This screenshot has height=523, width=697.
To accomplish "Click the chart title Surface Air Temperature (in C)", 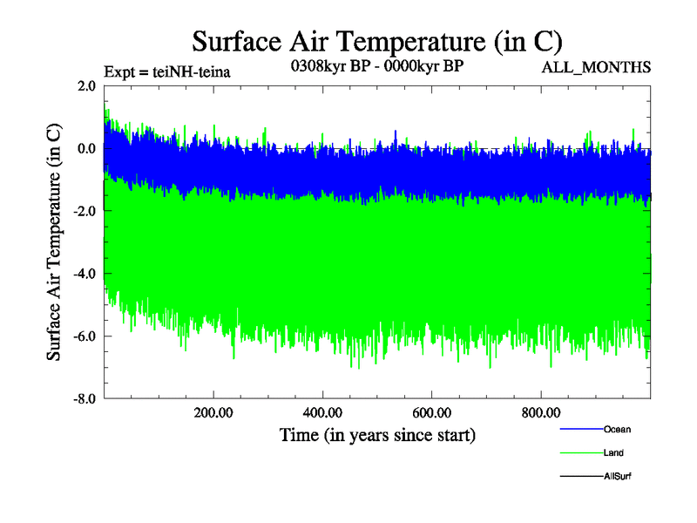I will [x=377, y=41].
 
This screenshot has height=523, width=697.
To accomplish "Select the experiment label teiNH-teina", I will [x=166, y=72].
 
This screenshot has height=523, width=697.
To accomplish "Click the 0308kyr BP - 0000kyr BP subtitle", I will [x=376, y=66].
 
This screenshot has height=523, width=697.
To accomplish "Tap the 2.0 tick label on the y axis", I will [x=86, y=85].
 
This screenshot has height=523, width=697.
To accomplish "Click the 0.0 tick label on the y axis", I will [x=86, y=148].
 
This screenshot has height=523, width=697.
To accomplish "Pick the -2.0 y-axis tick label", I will [x=84, y=211].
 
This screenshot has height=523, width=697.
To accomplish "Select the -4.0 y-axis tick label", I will [x=84, y=274].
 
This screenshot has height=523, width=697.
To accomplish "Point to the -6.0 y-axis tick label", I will [x=84, y=336].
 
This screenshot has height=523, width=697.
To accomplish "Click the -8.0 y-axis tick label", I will [x=84, y=399].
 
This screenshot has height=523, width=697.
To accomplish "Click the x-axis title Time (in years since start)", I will [x=377, y=434].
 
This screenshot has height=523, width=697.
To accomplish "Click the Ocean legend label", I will [x=617, y=429].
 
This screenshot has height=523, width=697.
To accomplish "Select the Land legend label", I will [x=613, y=452].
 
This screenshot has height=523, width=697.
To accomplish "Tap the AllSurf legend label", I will [x=618, y=476].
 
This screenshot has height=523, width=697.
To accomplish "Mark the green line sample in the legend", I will [x=579, y=452].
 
